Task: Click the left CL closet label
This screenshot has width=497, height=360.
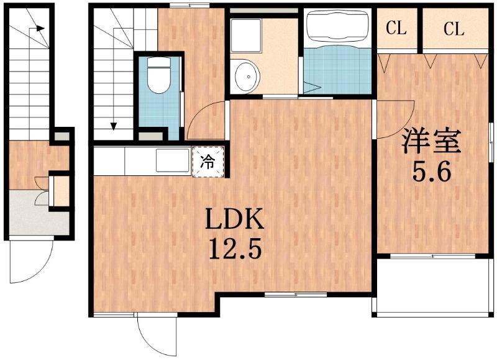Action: coord(396,29)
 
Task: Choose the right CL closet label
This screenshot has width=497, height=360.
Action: coord(454,29)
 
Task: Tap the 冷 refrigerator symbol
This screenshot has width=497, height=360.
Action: coord(209,162)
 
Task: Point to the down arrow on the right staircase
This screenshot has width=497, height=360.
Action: coord(114,124)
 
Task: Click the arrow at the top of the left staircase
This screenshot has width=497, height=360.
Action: coord(39,28)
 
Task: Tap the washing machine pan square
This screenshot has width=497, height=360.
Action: coord(247,35)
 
